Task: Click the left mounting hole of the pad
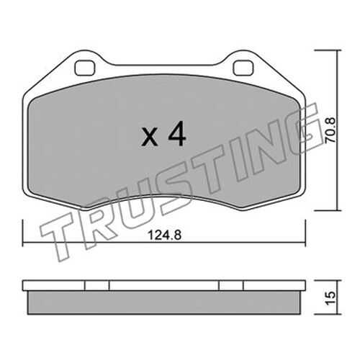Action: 85,68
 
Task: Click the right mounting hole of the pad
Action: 243,68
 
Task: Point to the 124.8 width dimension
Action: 164,235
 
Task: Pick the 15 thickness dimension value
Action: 331,298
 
